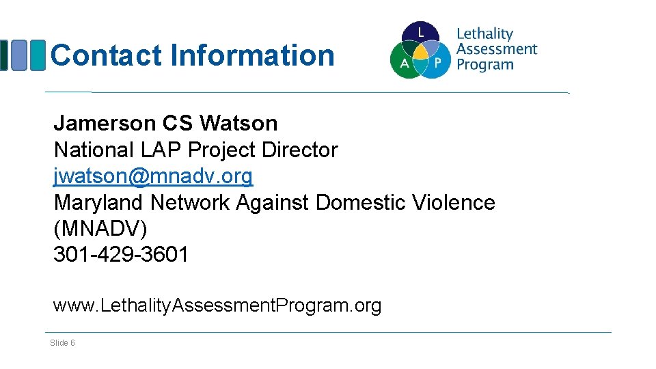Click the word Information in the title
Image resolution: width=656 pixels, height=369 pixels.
[x=252, y=55]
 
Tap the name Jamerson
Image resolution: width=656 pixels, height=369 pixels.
[x=105, y=124]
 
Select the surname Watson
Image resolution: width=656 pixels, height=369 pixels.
[x=238, y=124]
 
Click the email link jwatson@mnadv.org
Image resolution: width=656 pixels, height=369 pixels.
[x=153, y=176]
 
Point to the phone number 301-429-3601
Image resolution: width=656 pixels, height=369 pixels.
[x=121, y=255]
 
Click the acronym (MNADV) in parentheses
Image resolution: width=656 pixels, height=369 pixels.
[x=100, y=229]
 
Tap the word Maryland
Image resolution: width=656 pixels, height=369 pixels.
[x=99, y=203]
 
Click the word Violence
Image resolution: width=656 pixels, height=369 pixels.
[x=454, y=203]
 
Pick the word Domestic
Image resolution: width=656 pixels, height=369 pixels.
[x=361, y=203]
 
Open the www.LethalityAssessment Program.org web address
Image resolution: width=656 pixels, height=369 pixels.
[x=217, y=305]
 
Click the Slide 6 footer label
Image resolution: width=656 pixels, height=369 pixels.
[x=62, y=342]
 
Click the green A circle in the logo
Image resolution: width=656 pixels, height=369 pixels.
[x=403, y=63]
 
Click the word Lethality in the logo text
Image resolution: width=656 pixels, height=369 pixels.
[x=484, y=33]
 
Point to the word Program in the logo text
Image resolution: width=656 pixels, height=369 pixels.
[x=484, y=65]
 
